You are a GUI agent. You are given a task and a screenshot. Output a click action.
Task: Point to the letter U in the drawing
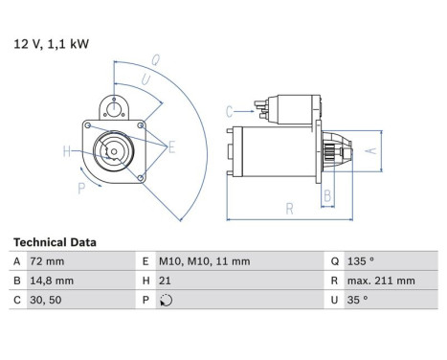145,79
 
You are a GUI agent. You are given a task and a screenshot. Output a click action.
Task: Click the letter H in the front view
66,151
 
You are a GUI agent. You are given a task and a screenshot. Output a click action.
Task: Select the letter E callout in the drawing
172,146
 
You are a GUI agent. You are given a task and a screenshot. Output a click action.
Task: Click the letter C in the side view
230,112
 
